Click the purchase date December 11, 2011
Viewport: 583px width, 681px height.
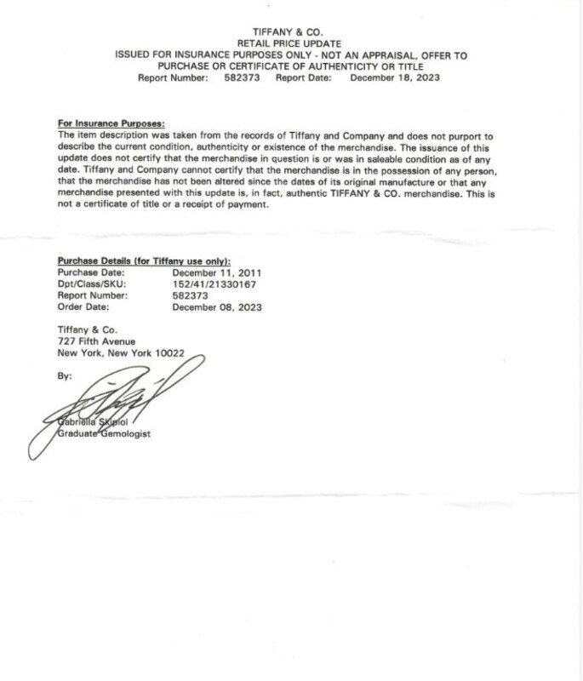pyautogui.click(x=217, y=272)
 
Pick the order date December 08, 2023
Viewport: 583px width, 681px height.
pyautogui.click(x=217, y=307)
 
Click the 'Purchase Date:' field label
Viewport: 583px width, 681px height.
pyautogui.click(x=91, y=272)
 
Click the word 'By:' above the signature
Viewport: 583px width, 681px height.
pyautogui.click(x=65, y=375)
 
